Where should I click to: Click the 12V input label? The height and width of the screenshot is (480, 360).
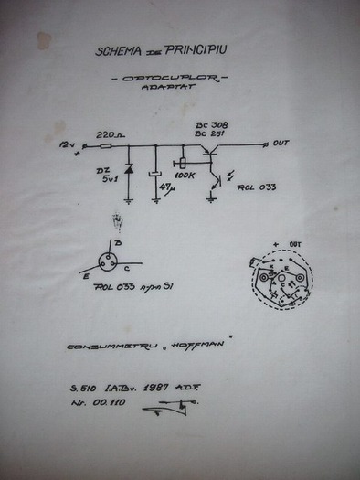point(66,144)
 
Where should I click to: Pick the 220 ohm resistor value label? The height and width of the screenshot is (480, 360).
point(110,134)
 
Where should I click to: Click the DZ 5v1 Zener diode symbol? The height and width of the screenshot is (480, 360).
point(129,170)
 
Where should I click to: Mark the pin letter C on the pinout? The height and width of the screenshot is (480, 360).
point(138,270)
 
